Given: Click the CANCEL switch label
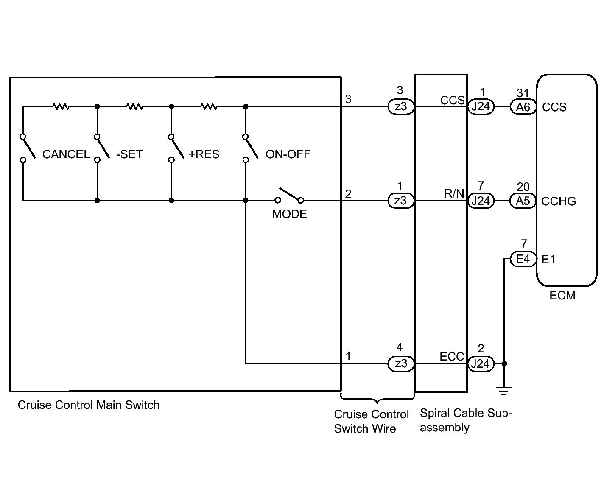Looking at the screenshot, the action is click(66, 154).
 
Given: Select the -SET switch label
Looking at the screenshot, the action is click(130, 154).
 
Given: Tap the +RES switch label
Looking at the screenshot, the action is click(204, 154).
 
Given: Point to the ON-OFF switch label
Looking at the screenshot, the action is click(288, 154).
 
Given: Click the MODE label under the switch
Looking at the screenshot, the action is click(289, 214).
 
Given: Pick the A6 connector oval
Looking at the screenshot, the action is click(523, 107).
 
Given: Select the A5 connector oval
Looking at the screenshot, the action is click(523, 201).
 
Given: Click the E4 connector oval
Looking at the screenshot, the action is click(523, 259).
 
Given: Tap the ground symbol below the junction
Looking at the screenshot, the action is click(504, 391).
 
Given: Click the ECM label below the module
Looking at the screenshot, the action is click(562, 296).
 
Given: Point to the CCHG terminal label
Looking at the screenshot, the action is click(559, 201).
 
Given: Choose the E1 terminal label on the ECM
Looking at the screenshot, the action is click(548, 259).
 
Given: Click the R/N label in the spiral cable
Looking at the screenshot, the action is click(454, 194).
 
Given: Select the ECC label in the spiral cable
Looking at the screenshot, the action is click(452, 356).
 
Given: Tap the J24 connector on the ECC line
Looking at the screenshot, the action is click(481, 363).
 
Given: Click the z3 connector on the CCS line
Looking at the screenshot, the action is click(401, 107).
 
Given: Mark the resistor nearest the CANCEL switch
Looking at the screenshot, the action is click(61, 106).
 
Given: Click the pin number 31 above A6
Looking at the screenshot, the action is click(523, 93).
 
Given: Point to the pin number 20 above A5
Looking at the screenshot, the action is click(523, 187).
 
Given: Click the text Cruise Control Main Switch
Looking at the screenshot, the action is click(89, 405).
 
